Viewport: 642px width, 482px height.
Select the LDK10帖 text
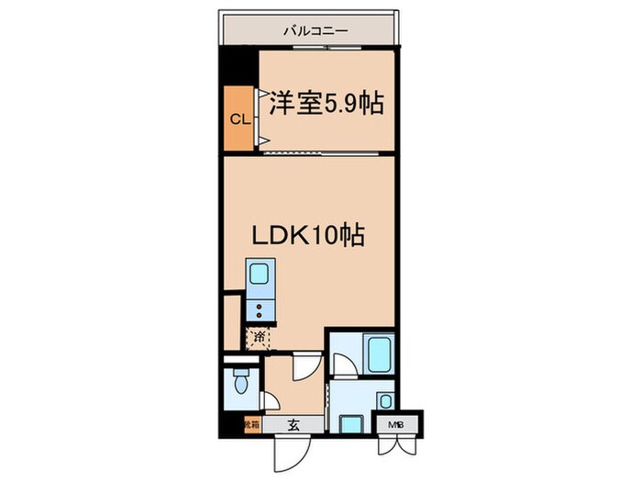point(309,236)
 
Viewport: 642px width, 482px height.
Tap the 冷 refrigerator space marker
point(260,338)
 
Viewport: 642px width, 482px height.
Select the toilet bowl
point(240,383)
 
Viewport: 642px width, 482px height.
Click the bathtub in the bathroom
point(379,353)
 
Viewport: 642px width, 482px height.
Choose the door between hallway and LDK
point(303,366)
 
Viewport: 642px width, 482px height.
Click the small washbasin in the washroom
point(386,400)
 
